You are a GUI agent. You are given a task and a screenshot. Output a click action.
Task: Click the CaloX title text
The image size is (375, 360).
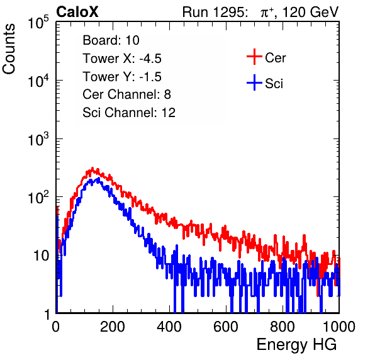pyautogui.click(x=77, y=12)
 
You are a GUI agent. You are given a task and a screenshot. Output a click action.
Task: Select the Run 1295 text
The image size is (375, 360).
pyautogui.click(x=214, y=12)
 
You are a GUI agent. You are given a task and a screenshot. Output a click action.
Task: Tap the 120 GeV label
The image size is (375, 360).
pyautogui.click(x=311, y=12)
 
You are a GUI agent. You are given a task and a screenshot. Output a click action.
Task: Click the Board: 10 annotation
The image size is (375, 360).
pyautogui.click(x=111, y=40)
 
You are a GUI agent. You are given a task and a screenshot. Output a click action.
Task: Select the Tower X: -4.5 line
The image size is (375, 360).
pyautogui.click(x=122, y=59)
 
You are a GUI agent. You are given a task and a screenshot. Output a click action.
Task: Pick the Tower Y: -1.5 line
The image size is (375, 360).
pyautogui.click(x=122, y=77)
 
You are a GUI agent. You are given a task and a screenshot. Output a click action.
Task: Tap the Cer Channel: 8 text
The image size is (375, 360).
pyautogui.click(x=126, y=94)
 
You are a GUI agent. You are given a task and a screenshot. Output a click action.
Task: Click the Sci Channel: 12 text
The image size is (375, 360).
pyautogui.click(x=129, y=113)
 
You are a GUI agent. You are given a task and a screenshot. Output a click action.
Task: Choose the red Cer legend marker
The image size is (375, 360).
pyautogui.click(x=254, y=57)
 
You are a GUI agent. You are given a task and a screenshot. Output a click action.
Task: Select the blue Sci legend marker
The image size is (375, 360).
pyautogui.click(x=254, y=82)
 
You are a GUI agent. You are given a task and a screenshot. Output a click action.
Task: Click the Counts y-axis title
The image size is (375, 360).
pyautogui.click(x=9, y=49)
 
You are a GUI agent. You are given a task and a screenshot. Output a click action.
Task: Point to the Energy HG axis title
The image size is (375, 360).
pyautogui.click(x=296, y=345)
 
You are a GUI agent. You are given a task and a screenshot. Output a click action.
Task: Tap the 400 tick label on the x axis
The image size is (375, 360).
pyautogui.click(x=169, y=327)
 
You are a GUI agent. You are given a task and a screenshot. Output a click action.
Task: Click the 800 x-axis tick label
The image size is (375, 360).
pyautogui.click(x=283, y=327)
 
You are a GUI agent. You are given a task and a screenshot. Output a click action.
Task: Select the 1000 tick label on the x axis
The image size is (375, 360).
pyautogui.click(x=339, y=327)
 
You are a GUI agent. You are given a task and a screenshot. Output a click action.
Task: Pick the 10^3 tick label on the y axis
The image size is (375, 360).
pyautogui.click(x=38, y=139)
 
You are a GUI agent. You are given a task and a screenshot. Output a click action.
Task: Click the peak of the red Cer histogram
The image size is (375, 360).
pyautogui.click(x=92, y=168)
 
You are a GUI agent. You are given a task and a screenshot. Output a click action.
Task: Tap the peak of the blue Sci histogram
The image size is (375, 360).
pyautogui.click(x=98, y=178)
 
